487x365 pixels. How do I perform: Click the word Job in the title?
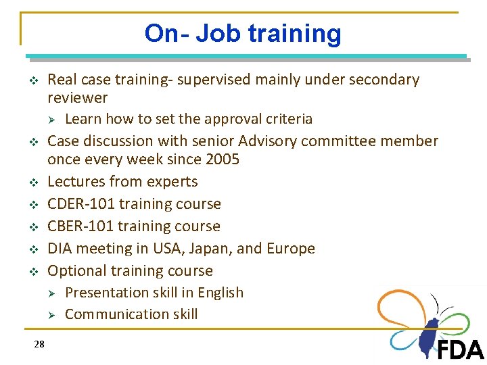click(x=218, y=33)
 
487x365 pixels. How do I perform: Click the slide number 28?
click(x=39, y=345)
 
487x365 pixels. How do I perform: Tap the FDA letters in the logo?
click(x=461, y=349)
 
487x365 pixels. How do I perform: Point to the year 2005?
click(x=221, y=160)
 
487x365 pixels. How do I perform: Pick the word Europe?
click(x=291, y=249)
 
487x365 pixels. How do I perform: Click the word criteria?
click(x=290, y=120)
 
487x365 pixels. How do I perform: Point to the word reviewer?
click(x=78, y=98)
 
